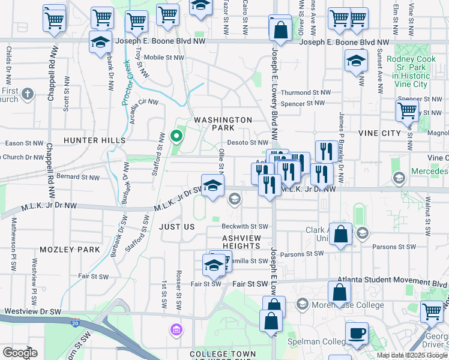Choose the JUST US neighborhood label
pos(177,227)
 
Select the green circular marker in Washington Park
pos(176,136)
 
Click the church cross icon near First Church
pos(28,94)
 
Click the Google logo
pos(20,353)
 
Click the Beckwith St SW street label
pos(244,227)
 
